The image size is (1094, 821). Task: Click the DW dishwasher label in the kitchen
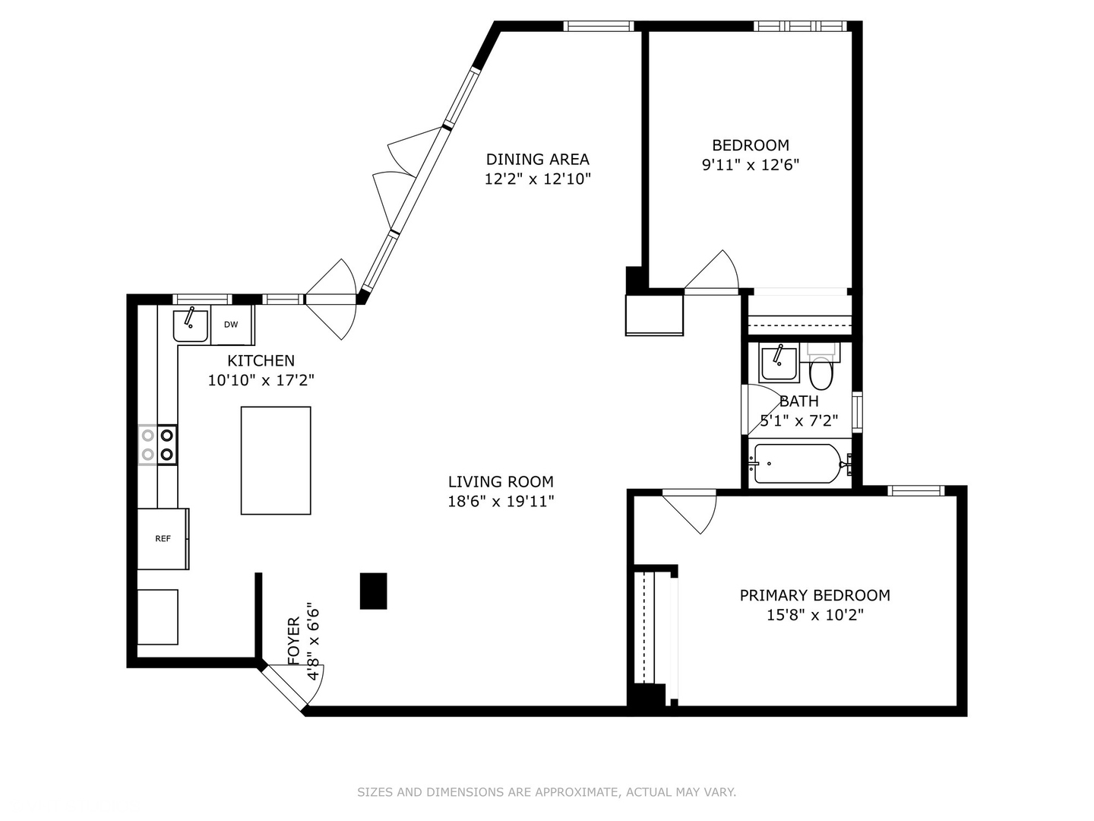231,325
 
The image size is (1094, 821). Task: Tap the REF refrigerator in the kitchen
163,539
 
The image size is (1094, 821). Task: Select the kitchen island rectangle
276,461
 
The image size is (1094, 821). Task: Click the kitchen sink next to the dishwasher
190,325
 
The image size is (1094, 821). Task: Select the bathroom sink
779,363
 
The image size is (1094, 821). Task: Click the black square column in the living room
373,591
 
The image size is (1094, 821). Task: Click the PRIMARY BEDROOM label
814,595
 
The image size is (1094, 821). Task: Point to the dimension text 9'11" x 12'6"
750,165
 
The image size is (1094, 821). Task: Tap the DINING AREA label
537,159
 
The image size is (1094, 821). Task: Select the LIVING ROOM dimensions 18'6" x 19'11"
501,501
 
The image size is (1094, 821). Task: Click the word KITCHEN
261,360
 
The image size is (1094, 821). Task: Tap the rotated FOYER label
294,641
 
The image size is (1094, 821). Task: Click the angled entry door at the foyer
287,688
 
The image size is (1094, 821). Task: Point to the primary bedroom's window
916,490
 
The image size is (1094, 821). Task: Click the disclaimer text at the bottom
546,792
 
